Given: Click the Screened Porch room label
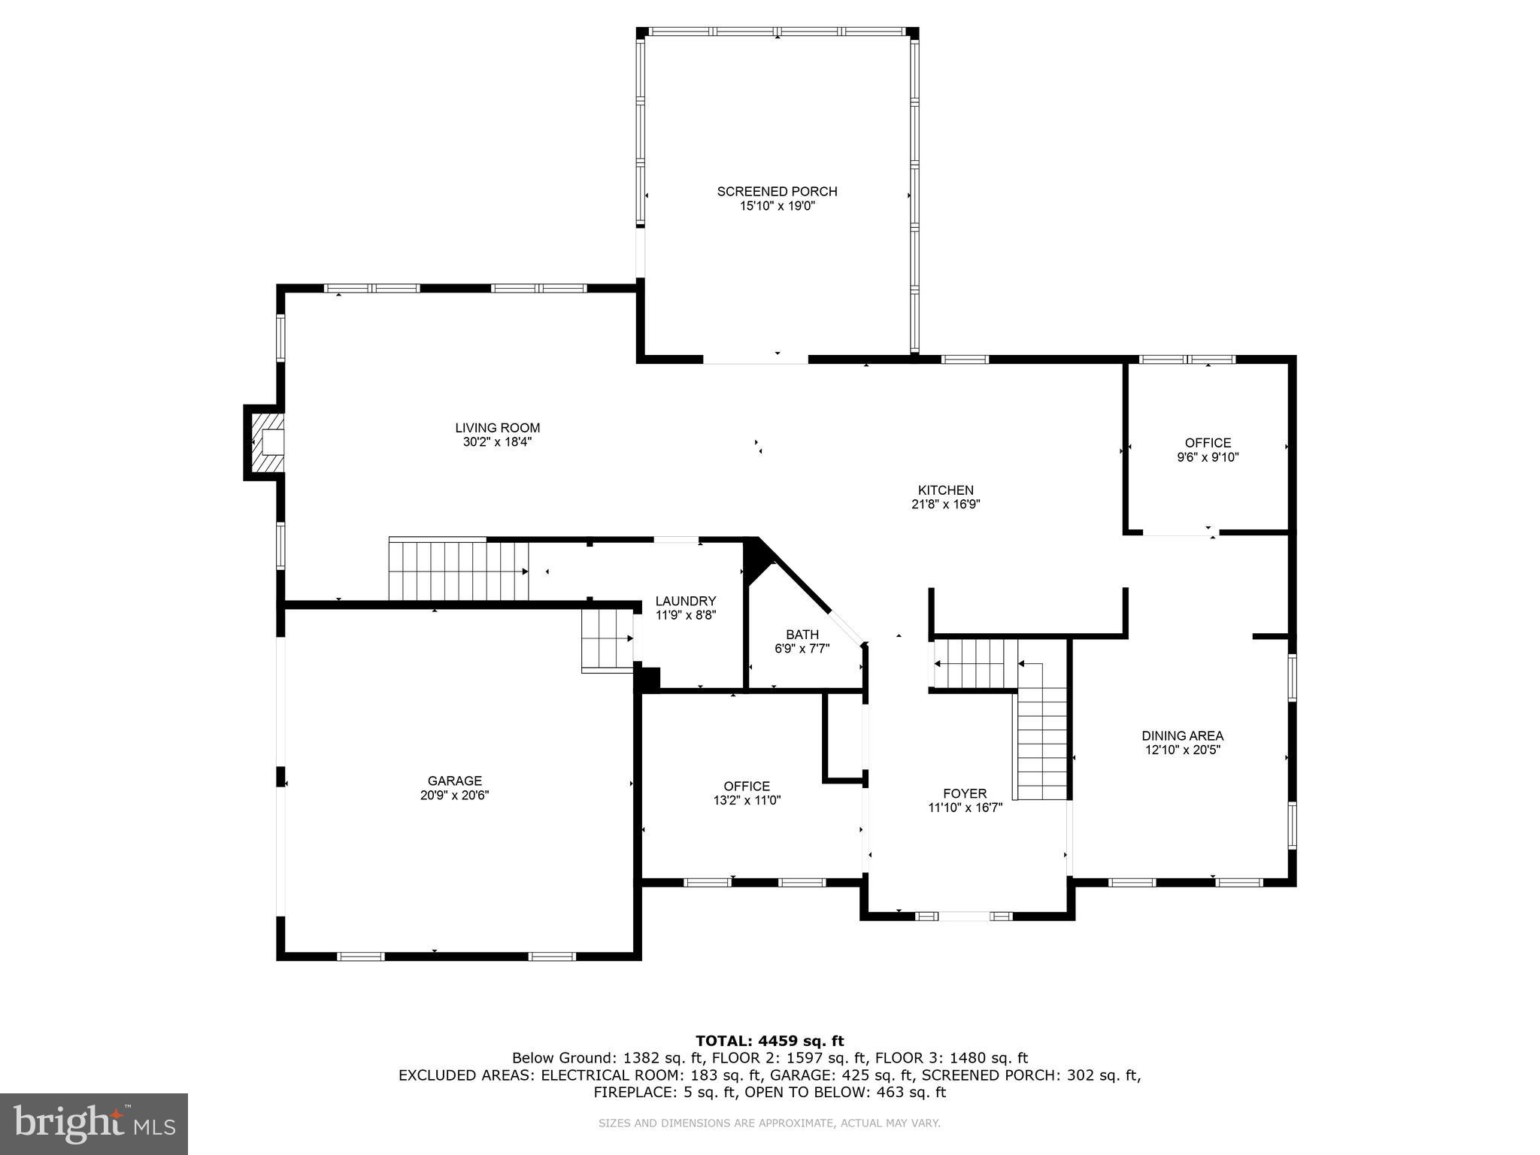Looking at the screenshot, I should [777, 192].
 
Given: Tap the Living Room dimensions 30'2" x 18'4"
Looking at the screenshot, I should [497, 442].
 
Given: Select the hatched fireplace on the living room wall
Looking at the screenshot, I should [265, 442].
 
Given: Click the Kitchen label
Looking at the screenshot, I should [945, 490].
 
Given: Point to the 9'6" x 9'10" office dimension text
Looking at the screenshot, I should [1208, 457].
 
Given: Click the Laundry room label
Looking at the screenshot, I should [685, 601].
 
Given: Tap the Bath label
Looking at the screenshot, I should [802, 635].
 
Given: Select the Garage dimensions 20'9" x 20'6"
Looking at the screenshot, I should [454, 796].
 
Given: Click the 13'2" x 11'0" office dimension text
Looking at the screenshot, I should [747, 801].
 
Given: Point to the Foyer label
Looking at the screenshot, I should [965, 793].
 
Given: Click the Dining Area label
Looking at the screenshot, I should [1182, 735].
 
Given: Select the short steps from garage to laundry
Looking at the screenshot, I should [607, 640].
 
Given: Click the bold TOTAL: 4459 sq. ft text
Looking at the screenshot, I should [769, 1041].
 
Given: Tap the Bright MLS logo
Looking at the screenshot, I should [93, 1123].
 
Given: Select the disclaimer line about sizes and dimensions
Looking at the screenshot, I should [769, 1123].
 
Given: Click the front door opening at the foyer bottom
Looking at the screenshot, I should [965, 916].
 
